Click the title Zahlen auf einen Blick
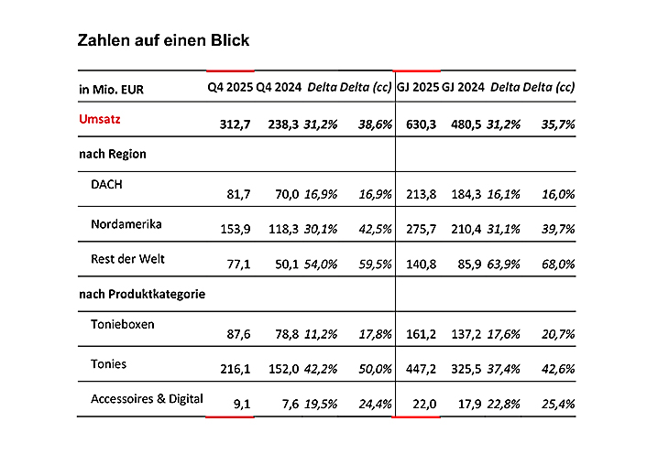(163, 40)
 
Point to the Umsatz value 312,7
(235, 124)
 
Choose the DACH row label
(106, 183)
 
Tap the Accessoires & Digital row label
(147, 398)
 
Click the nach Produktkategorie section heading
(141, 294)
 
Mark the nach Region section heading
(113, 154)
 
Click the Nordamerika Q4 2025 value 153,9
(235, 227)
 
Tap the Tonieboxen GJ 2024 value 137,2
(466, 334)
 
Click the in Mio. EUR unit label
(111, 89)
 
